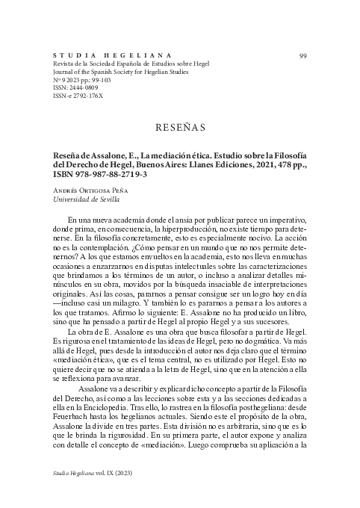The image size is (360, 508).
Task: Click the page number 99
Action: pos(302,56)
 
